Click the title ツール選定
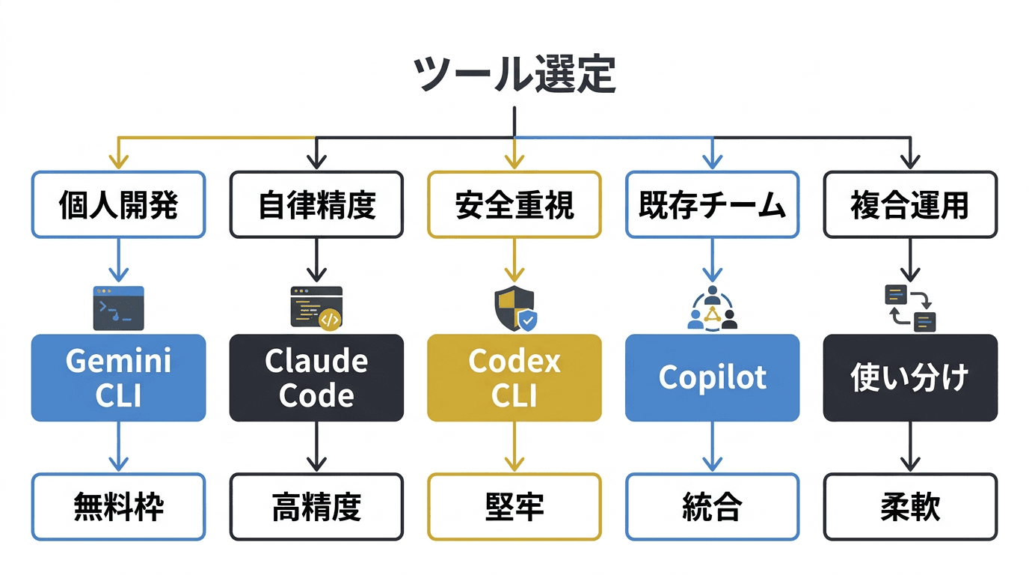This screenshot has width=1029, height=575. coord(514,75)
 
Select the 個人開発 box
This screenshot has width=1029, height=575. coord(118,205)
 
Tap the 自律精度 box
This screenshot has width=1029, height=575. coord(316,205)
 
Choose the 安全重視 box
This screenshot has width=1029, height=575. coord(514,205)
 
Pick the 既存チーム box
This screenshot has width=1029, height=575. coord(712,205)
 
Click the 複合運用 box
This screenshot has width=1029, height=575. coord(910,205)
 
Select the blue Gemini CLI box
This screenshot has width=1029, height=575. coord(118,377)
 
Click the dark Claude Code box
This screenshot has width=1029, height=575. coord(316,377)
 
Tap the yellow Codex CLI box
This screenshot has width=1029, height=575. coord(514,377)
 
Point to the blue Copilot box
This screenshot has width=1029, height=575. coord(712,377)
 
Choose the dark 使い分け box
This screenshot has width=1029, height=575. coord(910,377)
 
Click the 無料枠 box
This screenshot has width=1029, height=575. coord(118,507)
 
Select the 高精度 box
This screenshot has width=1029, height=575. coord(316,507)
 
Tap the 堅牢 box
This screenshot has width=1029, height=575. coord(514,507)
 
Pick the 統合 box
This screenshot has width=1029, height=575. coord(712,507)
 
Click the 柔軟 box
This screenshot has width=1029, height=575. coord(910,507)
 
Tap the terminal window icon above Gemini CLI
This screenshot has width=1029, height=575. coord(118,308)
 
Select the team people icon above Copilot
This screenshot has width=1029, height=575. coord(712,308)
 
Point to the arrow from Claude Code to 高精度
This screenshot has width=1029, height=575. coord(316,447)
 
